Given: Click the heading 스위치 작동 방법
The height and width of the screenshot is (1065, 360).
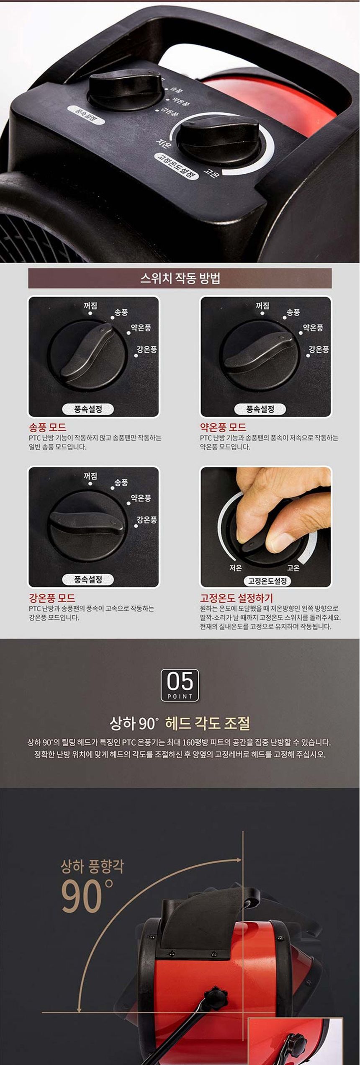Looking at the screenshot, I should tap(180, 278).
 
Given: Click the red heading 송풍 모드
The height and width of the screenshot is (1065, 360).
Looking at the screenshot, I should tap(47, 428).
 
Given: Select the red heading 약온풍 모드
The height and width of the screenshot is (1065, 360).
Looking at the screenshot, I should tap(223, 428).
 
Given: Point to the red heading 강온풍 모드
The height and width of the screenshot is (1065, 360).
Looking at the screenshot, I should tap(52, 598).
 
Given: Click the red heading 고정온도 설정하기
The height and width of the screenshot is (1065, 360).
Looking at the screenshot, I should tap(237, 598).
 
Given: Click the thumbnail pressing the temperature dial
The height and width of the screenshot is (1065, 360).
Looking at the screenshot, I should tap(266, 527).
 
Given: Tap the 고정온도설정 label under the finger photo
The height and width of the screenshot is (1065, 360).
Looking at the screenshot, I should tap(267, 581).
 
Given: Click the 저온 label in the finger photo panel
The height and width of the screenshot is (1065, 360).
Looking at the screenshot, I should tap(236, 568).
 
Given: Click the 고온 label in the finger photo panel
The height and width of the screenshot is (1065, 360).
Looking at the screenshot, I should tap(293, 568).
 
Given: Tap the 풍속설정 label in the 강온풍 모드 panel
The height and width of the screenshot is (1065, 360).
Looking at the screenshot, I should tap(88, 580).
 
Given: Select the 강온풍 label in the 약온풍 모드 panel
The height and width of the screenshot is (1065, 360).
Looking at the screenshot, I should tap(319, 349).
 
